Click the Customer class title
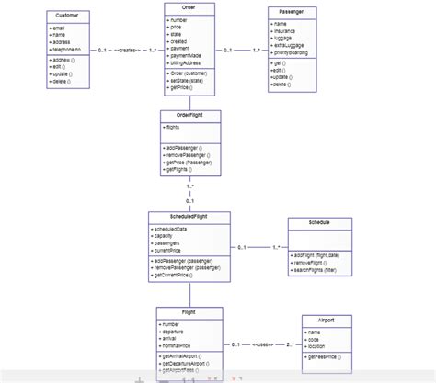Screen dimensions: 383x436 tap(66, 16)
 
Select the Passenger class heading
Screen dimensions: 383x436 tap(293, 11)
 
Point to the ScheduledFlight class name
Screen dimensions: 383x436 tap(189, 217)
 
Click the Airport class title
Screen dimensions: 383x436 tap(327, 320)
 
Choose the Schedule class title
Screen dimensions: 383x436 tap(319, 222)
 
